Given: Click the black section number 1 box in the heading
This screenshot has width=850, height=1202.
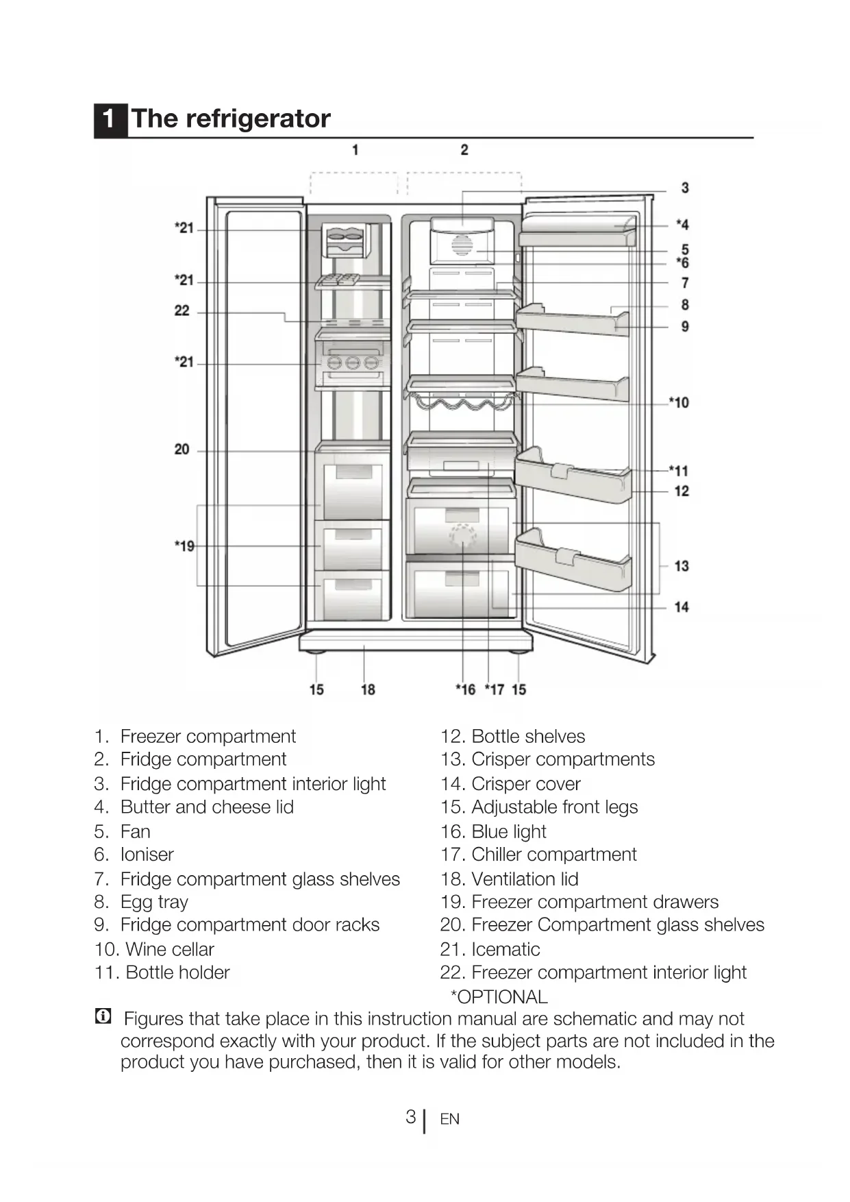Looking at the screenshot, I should (110, 119).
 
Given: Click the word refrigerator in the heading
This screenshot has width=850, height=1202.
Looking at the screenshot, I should (258, 119).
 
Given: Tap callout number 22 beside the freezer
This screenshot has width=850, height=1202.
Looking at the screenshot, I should (182, 310).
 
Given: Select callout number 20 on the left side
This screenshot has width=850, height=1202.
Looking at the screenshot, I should (182, 450).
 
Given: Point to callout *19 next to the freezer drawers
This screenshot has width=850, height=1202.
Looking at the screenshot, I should (184, 546).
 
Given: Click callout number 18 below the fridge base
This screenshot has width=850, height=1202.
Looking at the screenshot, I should (368, 689).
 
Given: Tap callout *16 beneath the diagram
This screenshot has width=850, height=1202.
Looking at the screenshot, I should (466, 689).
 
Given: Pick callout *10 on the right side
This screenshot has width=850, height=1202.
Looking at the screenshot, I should (679, 402).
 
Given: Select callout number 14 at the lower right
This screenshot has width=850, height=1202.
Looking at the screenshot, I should (681, 606).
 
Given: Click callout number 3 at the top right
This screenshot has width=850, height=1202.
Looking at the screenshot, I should (684, 188).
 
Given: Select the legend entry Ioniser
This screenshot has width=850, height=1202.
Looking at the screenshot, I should (147, 855).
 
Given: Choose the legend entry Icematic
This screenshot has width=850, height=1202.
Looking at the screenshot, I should (505, 949).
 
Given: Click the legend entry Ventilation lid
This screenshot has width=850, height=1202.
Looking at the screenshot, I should (525, 879).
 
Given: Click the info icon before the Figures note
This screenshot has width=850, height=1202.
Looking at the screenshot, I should (103, 1016).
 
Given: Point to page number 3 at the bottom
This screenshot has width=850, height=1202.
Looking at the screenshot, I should (410, 1117).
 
